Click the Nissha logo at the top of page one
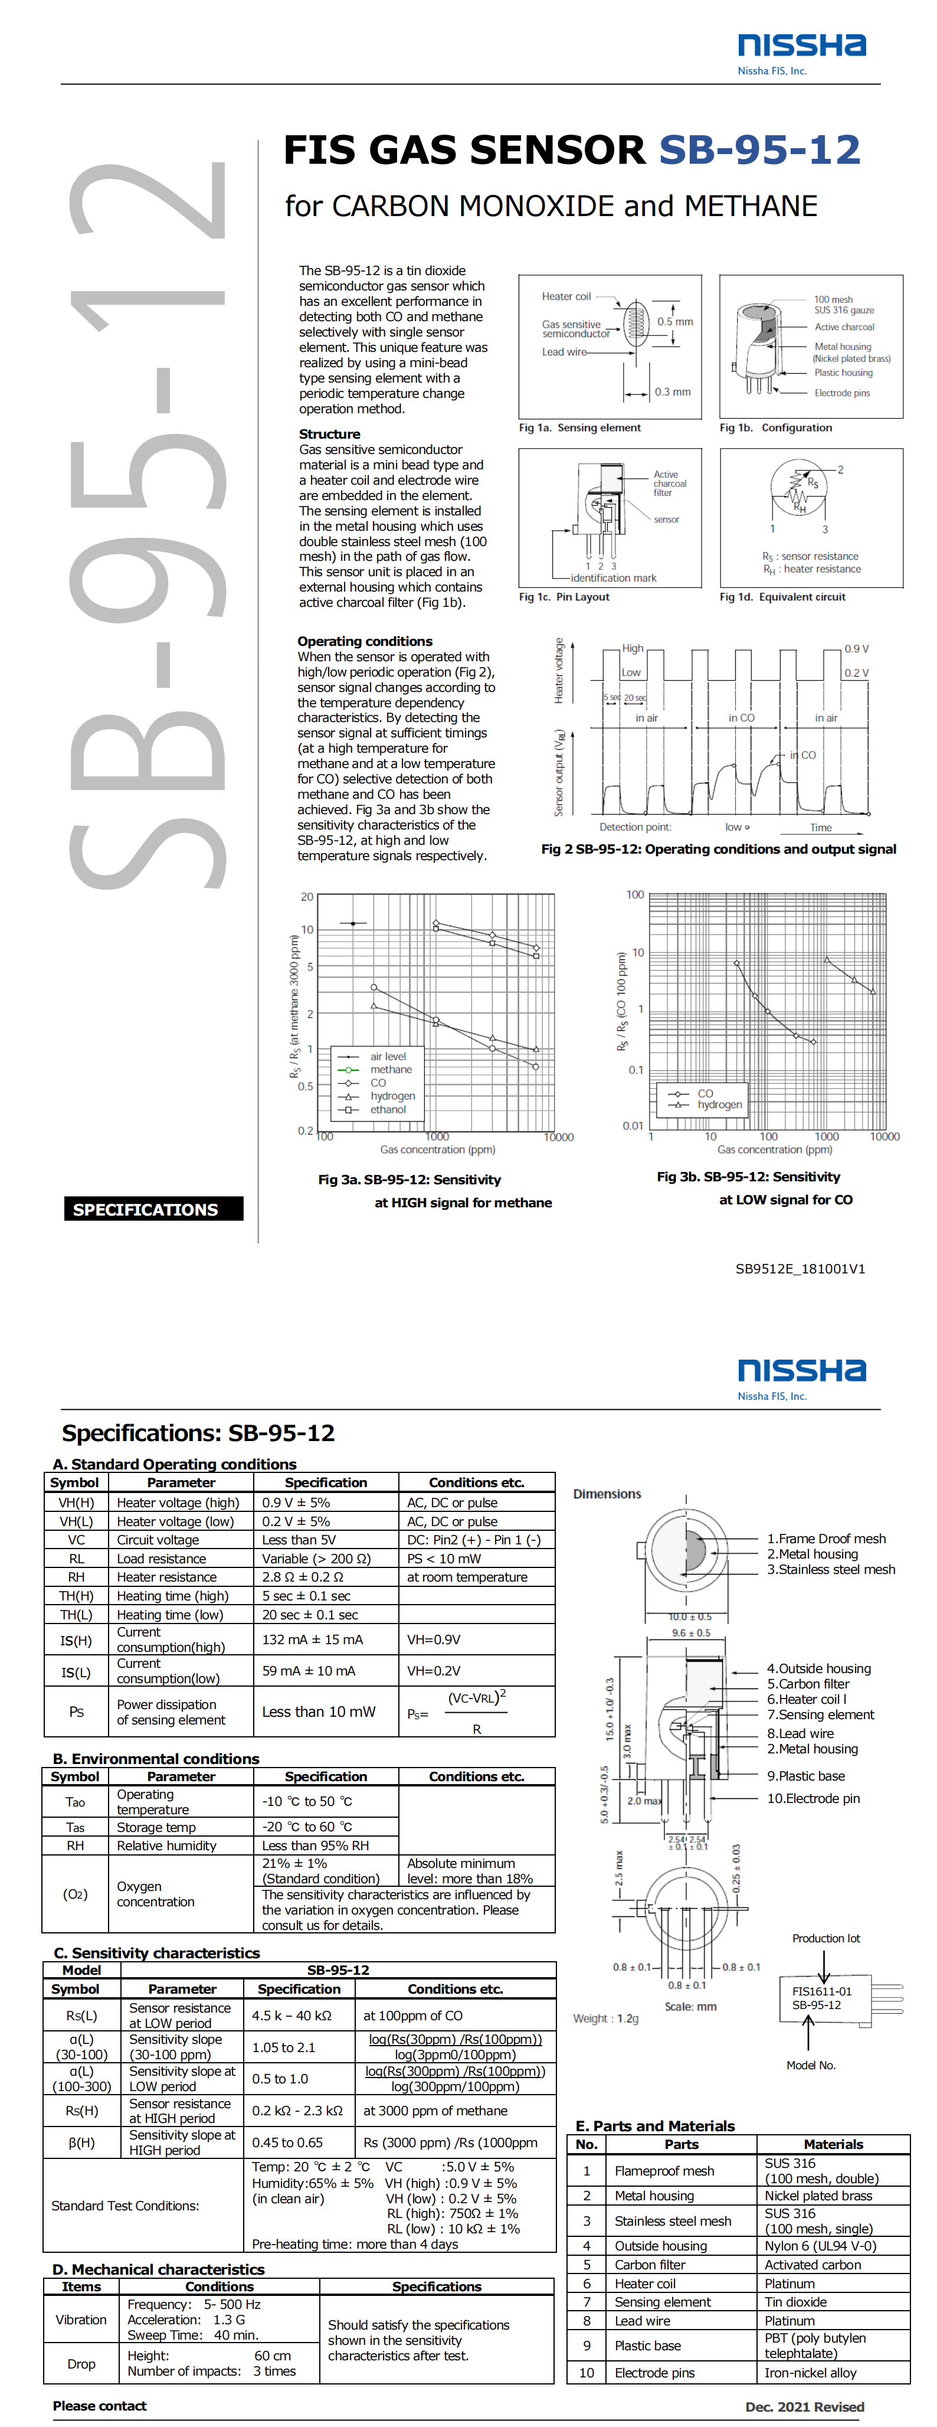801,45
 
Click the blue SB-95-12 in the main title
759,150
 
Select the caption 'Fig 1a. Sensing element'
579,428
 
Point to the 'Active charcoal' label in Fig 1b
844,327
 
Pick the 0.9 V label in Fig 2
856,649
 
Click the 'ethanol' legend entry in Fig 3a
388,1110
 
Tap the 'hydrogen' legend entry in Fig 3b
719,1105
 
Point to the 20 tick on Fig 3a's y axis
307,897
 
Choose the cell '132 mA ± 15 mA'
312,1639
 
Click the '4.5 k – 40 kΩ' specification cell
291,2016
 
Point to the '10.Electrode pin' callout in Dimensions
812,1799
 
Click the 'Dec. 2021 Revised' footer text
804,2406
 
